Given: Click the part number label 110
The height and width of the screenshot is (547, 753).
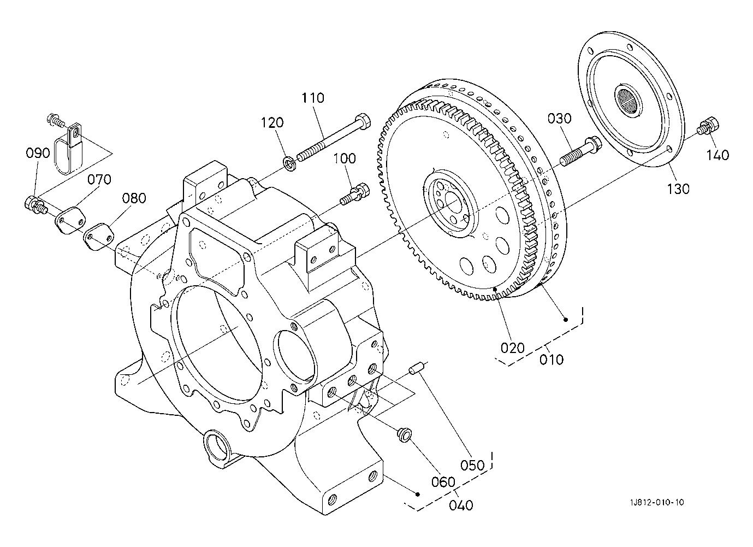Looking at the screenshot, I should [312, 98].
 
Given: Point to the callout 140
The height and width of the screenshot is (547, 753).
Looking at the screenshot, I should [718, 155].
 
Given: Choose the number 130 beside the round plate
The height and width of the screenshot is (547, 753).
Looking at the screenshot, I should [678, 189].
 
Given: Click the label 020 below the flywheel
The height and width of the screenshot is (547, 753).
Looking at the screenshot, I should [512, 348].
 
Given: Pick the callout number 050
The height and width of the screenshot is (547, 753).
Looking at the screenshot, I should [473, 465].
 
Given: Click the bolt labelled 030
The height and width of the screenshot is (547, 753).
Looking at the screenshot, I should [579, 151].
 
